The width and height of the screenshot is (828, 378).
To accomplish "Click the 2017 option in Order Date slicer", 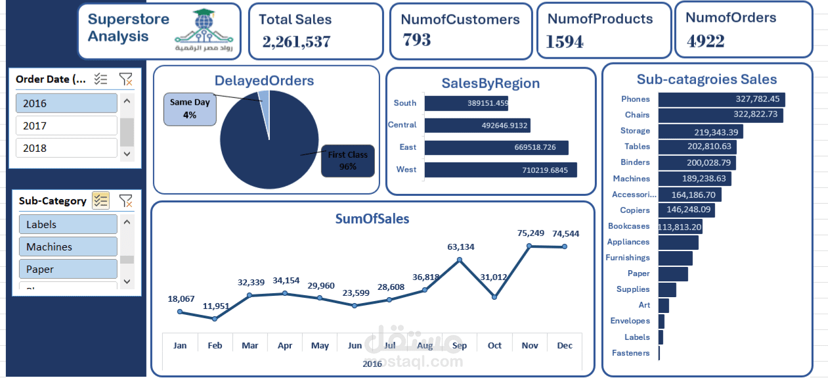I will pos(66,126).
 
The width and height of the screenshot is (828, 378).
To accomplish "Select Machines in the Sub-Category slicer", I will pos(68,247).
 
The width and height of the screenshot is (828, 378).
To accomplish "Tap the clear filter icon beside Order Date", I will pos(125,80).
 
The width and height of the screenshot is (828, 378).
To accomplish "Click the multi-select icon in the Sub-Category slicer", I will pos(100,201).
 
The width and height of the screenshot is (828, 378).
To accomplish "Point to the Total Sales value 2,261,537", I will pos(296,42).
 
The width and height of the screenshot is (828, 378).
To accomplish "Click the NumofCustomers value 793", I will pos(417,40).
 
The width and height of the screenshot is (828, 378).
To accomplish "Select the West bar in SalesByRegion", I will pos(500,170).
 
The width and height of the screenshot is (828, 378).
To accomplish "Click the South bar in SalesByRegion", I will pos(466,103).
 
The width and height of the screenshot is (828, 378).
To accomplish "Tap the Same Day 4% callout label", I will pos(190,108).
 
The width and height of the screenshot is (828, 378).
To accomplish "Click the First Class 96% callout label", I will pos(347,161).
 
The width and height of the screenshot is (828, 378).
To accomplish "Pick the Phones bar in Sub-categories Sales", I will pos(721,99).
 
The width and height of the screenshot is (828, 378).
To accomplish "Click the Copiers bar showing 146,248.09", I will pos(686,210).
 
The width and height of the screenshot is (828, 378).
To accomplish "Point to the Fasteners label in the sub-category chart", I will pos(630,353).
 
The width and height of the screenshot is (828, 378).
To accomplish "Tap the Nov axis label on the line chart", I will pos(529,345).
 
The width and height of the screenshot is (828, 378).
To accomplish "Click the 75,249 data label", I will pos(531,233).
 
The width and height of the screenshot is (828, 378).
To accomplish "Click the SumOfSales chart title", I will pos(372,219).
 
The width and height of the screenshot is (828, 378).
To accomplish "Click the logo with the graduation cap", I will pos(207,32).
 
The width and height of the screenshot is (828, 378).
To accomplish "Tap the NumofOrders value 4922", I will pos(706,41).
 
